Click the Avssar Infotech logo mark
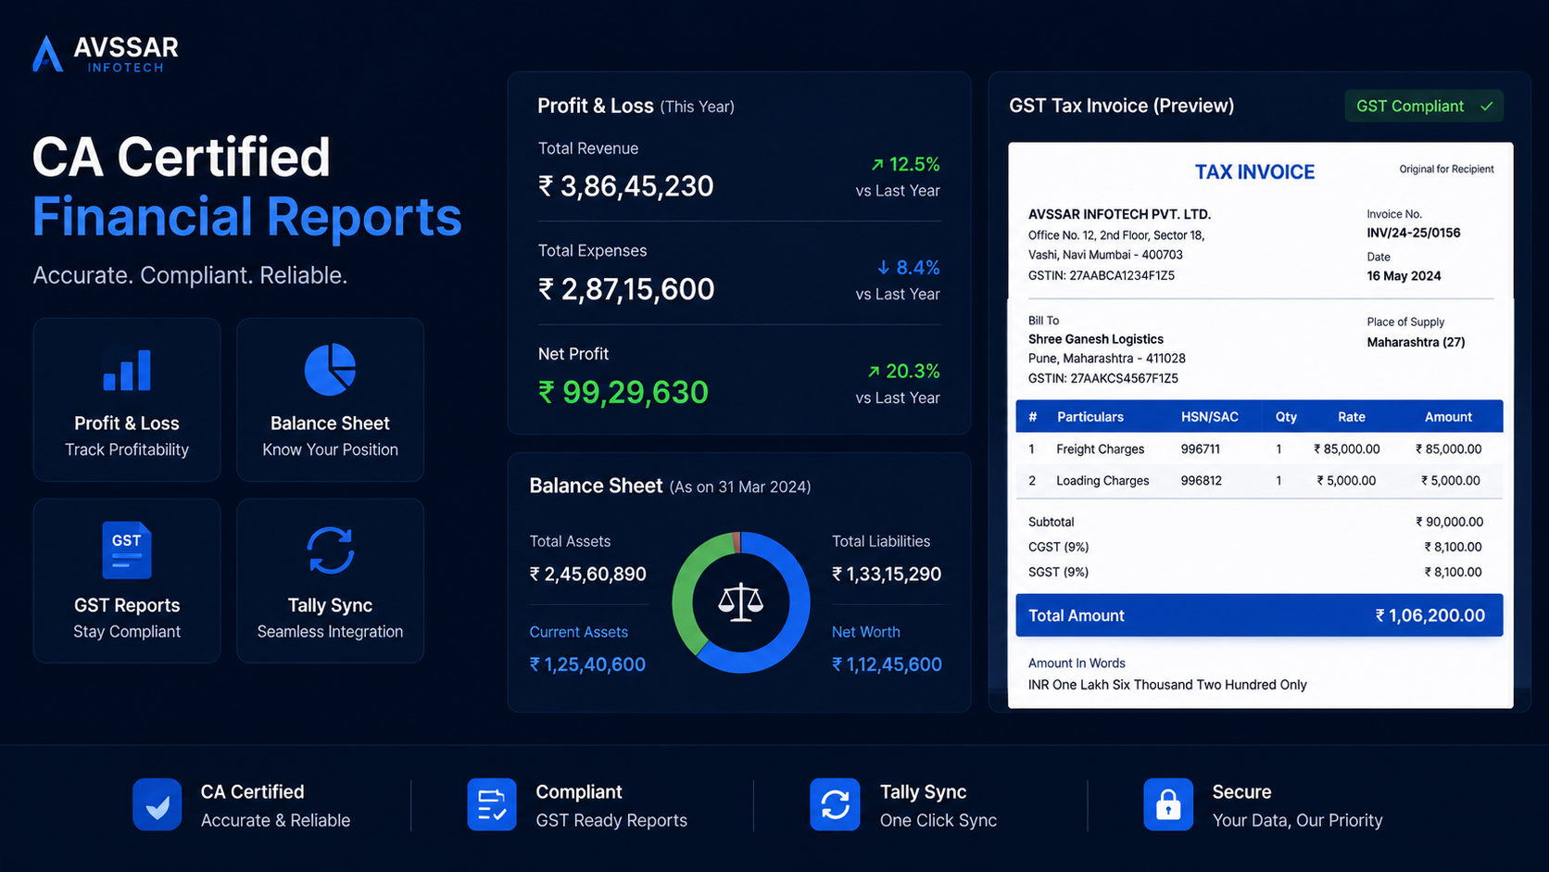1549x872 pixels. (47, 54)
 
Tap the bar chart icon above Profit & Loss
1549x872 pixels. (127, 370)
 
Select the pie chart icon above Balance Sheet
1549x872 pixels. (330, 369)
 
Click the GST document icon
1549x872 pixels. (127, 550)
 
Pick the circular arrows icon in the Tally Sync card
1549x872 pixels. (330, 550)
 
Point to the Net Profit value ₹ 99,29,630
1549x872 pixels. (623, 392)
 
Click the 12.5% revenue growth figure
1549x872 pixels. (905, 165)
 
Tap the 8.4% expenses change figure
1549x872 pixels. (909, 268)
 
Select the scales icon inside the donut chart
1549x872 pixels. (740, 601)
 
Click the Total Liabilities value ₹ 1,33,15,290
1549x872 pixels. (887, 574)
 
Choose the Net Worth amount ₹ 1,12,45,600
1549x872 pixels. (887, 664)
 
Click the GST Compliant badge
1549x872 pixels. (1424, 106)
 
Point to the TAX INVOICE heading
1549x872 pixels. (1254, 172)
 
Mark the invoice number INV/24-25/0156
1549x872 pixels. (1414, 233)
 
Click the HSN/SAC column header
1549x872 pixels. (1210, 417)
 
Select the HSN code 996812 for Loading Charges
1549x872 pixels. (1202, 481)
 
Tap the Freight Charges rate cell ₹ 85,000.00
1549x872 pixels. (1346, 449)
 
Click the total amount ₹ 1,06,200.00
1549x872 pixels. (1430, 615)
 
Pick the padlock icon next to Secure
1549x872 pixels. (1168, 804)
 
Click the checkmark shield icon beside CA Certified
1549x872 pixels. (157, 804)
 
